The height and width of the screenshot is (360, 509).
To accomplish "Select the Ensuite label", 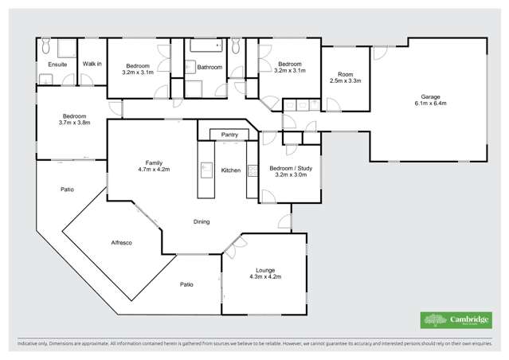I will (x=57, y=64).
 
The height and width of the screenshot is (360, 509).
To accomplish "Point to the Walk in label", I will (x=92, y=64).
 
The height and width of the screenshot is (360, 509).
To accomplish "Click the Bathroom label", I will (x=209, y=68).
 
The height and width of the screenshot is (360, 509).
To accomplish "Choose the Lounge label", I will (x=264, y=270).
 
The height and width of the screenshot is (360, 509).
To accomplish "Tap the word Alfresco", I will (x=121, y=241).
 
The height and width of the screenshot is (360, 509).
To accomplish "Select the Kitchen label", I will (x=230, y=170).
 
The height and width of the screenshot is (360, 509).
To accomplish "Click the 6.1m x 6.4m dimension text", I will (x=429, y=104).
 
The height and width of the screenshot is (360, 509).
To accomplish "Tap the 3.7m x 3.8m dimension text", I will (x=74, y=123).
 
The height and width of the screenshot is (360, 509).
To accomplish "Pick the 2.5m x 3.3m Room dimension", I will (x=345, y=80).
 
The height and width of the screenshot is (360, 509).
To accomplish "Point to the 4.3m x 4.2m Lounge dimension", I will (x=264, y=276).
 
